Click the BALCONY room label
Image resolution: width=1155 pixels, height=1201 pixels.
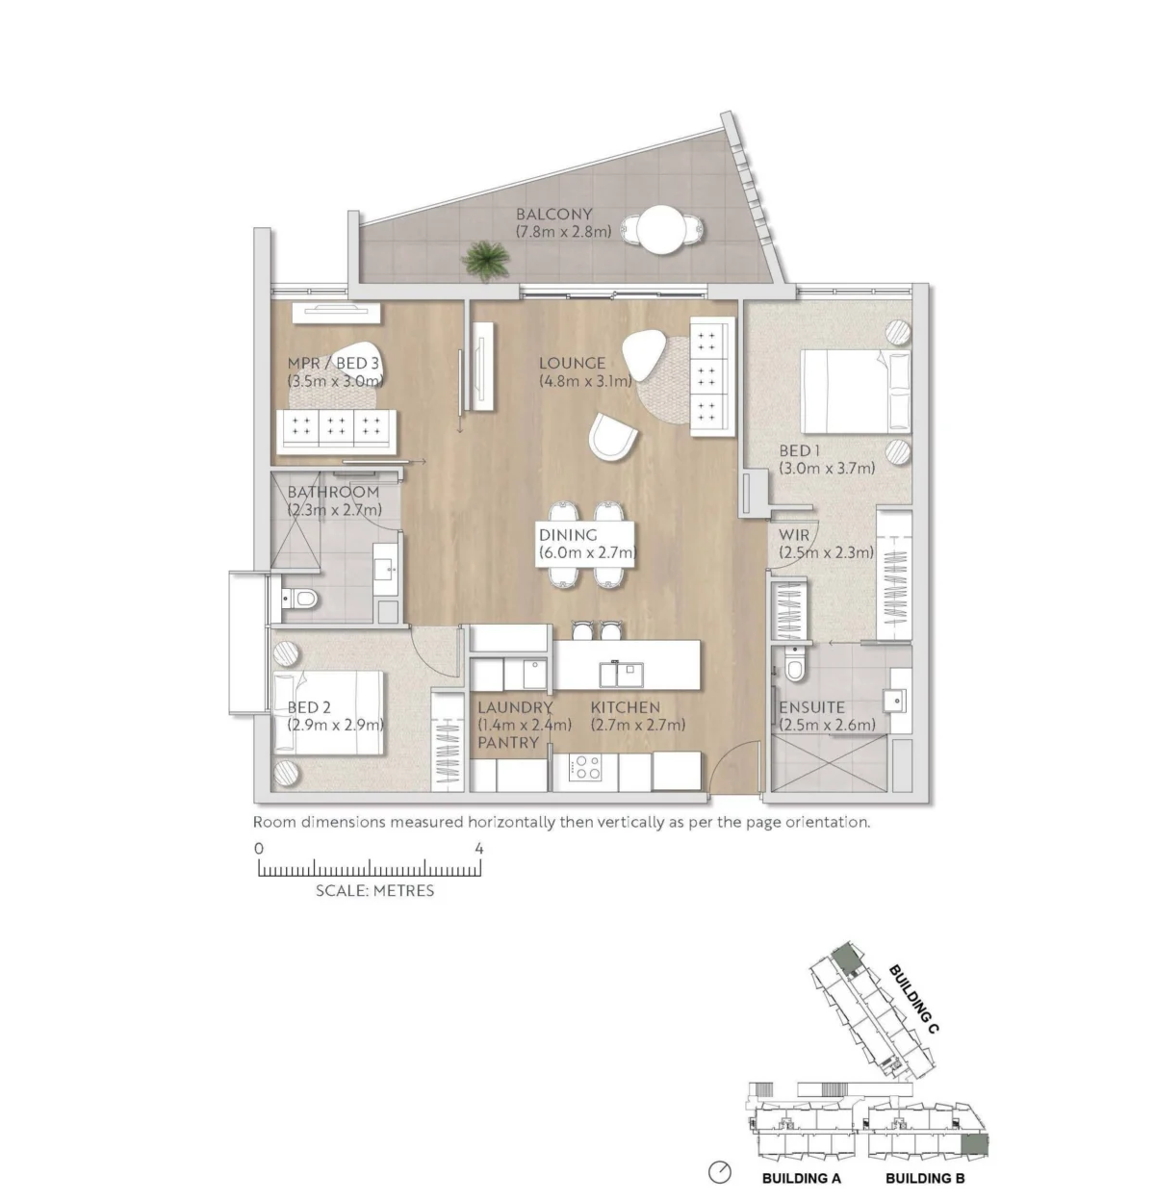coord(553,215)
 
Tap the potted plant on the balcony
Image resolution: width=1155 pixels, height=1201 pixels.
coord(486,259)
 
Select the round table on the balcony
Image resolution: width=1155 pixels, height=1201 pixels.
coord(660,230)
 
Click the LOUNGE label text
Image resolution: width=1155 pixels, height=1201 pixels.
coord(572,363)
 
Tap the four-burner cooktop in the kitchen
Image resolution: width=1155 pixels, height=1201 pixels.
coord(585,767)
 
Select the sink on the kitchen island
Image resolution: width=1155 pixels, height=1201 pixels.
coord(621,674)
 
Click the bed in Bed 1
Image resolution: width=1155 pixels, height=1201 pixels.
coord(855,392)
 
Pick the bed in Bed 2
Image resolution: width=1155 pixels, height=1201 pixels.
coord(328,712)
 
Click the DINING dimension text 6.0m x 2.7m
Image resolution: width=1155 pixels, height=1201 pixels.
coord(587,552)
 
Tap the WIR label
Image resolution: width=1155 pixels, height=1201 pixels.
coord(793,534)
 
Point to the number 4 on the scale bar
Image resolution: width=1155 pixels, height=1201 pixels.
coord(479,849)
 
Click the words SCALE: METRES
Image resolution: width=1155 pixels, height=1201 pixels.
coord(374,890)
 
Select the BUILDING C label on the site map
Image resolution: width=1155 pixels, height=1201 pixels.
coord(914,999)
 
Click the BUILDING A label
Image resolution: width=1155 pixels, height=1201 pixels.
coord(801,1178)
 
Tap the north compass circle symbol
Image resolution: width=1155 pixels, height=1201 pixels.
coord(720,1171)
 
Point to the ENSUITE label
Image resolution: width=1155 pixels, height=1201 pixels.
coord(811,707)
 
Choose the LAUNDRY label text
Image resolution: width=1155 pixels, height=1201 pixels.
coord(515,707)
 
